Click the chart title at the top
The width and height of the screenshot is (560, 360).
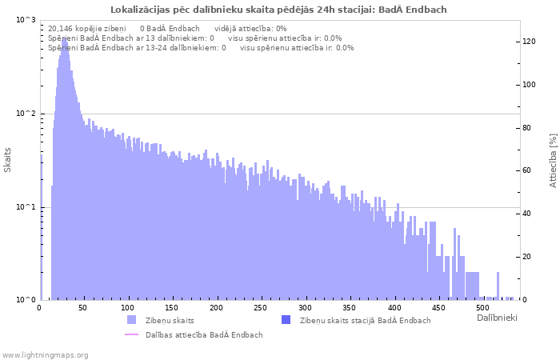pyautogui.click(x=279, y=10)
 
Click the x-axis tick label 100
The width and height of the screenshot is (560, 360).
pyautogui.click(x=127, y=308)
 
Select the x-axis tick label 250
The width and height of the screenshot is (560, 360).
pyautogui.click(x=260, y=308)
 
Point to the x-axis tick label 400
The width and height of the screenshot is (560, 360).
pyautogui.click(x=393, y=308)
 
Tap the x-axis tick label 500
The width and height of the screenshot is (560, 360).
pyautogui.click(x=482, y=308)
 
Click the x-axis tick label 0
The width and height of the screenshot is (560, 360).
pyautogui.click(x=39, y=308)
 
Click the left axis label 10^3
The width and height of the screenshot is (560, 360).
pyautogui.click(x=26, y=20)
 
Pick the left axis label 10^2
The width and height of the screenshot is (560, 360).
pyautogui.click(x=26, y=114)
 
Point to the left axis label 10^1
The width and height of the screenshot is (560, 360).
pyautogui.click(x=26, y=207)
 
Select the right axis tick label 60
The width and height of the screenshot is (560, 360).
pyautogui.click(x=527, y=170)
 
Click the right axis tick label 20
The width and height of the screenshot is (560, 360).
pyautogui.click(x=527, y=257)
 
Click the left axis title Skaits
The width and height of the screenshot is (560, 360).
pyautogui.click(x=8, y=160)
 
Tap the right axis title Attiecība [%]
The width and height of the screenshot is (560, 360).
pyautogui.click(x=553, y=160)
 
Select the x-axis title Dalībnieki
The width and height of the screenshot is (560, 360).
pyautogui.click(x=497, y=318)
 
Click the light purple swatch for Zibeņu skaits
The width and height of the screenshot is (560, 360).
pyautogui.click(x=131, y=320)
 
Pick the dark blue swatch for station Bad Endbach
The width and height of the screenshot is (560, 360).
pyautogui.click(x=286, y=320)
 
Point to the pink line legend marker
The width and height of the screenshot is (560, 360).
pyautogui.click(x=131, y=334)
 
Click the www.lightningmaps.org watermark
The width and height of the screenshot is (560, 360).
pyautogui.click(x=46, y=354)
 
